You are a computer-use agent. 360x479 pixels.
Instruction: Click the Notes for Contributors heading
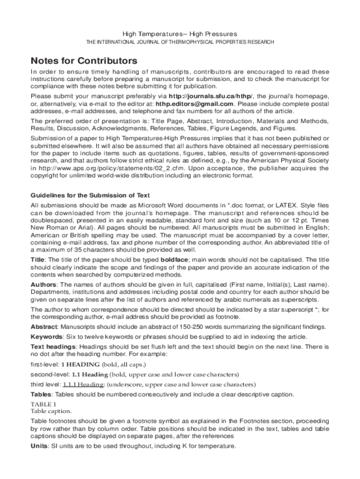point(84,61)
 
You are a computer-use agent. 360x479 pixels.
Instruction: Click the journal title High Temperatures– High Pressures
point(180,34)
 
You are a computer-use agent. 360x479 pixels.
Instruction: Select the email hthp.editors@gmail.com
point(194,104)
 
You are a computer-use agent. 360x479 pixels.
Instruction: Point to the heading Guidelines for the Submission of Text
point(90,195)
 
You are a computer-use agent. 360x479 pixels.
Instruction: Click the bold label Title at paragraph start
point(38,260)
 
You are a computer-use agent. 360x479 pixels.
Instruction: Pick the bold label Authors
point(43,285)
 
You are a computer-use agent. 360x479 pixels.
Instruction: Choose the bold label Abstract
point(44,327)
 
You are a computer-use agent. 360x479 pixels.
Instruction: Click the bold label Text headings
point(53,347)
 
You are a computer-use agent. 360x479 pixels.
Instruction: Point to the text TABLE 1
point(43,404)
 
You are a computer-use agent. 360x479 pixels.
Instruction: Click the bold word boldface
point(174,260)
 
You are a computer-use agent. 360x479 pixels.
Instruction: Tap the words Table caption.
point(51,411)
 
